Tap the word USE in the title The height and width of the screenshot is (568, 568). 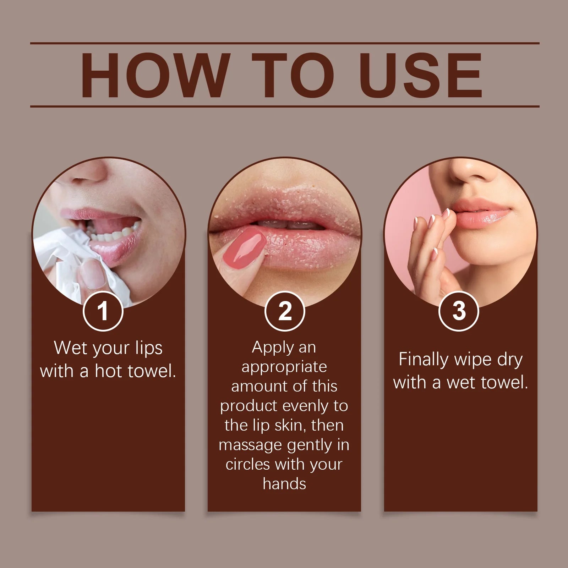[421, 75]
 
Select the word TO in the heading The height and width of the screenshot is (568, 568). [293, 75]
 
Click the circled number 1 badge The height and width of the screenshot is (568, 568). [103, 311]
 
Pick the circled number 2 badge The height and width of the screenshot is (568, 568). [285, 311]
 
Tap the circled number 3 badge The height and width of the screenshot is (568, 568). [459, 311]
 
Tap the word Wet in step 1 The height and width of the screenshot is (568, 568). [70, 348]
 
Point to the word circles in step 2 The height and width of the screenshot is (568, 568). [247, 464]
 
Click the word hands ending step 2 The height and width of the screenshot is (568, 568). [284, 484]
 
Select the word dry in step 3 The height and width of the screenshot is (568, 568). [510, 360]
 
